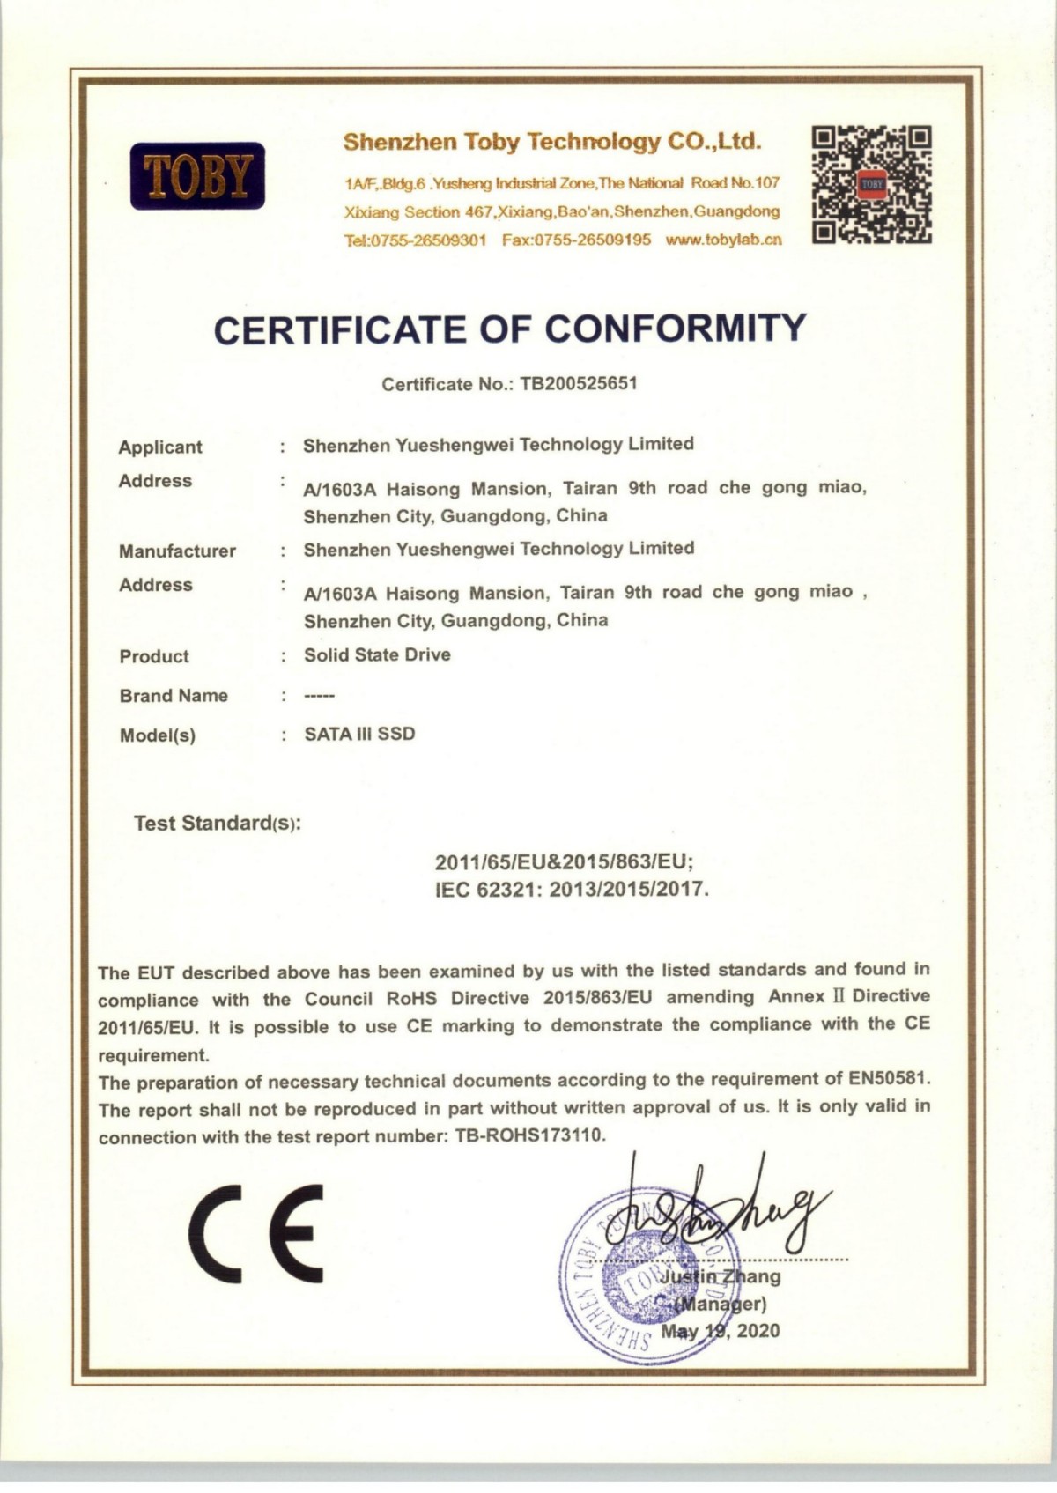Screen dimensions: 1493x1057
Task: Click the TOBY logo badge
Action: click(x=197, y=176)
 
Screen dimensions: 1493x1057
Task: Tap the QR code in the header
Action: click(x=871, y=184)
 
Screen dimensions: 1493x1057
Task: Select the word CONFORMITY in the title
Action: click(x=675, y=329)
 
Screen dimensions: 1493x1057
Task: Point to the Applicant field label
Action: click(x=160, y=447)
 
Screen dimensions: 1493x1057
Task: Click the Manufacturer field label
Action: click(x=177, y=551)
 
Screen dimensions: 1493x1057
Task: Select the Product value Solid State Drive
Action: click(x=377, y=655)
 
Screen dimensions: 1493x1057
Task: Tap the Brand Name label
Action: click(x=174, y=696)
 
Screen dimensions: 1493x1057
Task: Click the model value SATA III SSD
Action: click(x=359, y=735)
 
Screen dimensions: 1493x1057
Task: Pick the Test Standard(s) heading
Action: click(x=217, y=824)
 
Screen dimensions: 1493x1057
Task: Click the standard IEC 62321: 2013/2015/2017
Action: click(x=572, y=890)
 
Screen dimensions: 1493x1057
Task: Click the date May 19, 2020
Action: click(x=721, y=1331)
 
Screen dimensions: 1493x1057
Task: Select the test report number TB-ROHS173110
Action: click(x=530, y=1136)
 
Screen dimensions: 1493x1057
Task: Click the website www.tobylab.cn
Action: click(x=724, y=240)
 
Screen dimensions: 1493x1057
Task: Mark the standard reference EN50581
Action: click(x=889, y=1078)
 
